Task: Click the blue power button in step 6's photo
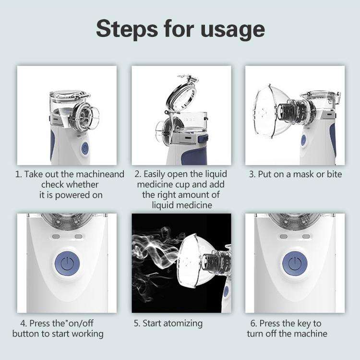click(x=295, y=263)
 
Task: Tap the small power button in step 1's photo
click(x=85, y=148)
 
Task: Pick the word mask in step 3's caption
click(x=299, y=174)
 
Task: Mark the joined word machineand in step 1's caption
click(x=100, y=174)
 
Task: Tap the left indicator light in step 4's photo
click(x=55, y=236)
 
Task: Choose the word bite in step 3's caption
click(x=333, y=174)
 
